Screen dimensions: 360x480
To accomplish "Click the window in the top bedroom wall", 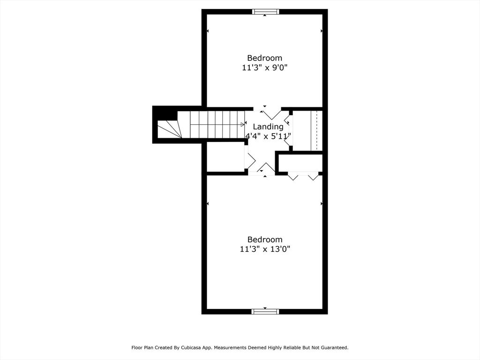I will (265, 12).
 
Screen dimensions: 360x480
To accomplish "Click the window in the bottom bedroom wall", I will (265, 311).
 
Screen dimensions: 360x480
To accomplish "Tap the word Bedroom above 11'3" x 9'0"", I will (265, 58).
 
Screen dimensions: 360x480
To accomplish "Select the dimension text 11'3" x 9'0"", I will (265, 68).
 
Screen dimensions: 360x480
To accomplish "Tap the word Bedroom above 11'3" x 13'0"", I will (265, 240).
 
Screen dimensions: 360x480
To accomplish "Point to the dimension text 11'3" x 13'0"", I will (265, 249).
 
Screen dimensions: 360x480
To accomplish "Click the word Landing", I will (268, 127).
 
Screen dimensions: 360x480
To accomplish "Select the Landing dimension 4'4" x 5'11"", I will (269, 136).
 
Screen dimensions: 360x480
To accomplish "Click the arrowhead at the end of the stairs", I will (243, 125).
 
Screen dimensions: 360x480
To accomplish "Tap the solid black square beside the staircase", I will (165, 113).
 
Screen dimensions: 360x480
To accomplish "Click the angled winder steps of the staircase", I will (169, 129).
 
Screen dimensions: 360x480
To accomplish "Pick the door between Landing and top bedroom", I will (271, 113).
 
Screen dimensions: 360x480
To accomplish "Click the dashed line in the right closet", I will (317, 130).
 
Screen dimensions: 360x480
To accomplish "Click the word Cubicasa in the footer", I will (199, 348).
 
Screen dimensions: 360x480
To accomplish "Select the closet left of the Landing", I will (225, 157).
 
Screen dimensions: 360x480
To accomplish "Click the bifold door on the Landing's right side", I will (287, 130).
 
